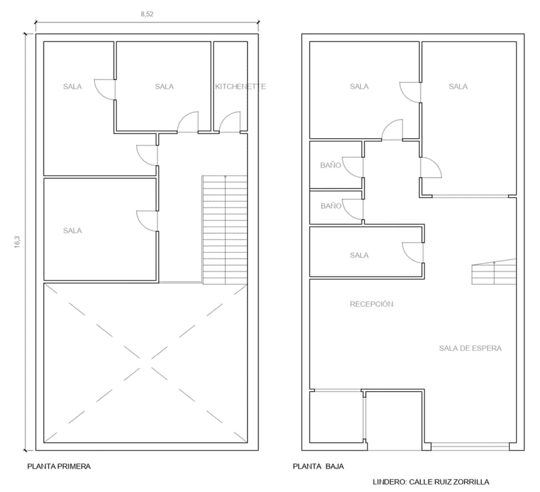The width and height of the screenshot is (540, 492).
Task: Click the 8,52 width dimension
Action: [147, 14]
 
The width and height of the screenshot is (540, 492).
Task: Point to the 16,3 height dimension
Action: [18, 242]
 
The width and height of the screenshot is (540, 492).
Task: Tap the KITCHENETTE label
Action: [240, 86]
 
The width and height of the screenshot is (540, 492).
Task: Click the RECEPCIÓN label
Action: [371, 304]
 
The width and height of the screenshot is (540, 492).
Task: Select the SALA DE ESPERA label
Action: [470, 348]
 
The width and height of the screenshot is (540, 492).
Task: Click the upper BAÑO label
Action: [331, 165]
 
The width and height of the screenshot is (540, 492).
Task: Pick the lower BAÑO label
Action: [331, 206]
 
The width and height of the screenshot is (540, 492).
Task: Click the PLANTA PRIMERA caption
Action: [59, 467]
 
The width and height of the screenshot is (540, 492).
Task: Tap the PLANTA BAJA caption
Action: [318, 467]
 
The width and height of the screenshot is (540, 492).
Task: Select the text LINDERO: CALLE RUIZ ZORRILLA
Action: [431, 482]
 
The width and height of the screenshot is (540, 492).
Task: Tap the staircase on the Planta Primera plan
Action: [225, 230]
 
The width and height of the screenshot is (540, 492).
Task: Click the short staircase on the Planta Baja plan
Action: [494, 272]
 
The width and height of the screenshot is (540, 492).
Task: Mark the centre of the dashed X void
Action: [145, 363]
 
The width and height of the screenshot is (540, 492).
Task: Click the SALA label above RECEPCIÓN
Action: [359, 255]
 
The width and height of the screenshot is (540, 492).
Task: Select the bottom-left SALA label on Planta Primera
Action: [72, 231]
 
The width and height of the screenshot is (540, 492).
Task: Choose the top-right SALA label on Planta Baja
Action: [458, 86]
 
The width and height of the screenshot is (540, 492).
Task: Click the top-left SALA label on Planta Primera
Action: [72, 86]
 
